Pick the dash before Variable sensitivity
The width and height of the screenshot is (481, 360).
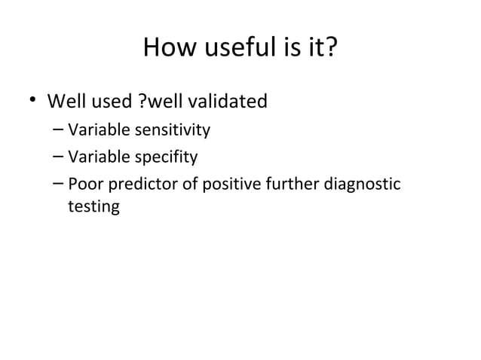(x=58, y=130)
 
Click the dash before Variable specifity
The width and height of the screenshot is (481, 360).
(x=58, y=157)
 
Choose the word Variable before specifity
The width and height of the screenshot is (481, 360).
(x=96, y=157)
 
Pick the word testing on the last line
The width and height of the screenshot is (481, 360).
(x=93, y=206)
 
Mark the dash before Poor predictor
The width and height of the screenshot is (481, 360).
(x=58, y=183)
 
